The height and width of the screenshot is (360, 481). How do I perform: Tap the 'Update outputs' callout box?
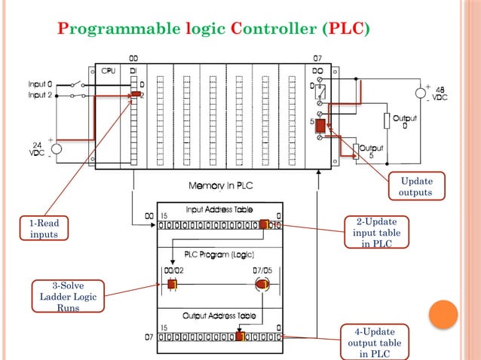417,187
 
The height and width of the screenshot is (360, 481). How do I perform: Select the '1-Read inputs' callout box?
44,228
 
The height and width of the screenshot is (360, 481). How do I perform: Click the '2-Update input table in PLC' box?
375,232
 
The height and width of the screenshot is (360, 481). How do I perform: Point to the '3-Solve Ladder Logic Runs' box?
68,297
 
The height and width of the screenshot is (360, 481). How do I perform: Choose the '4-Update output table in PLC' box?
375,341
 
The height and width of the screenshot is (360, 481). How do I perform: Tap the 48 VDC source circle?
420,93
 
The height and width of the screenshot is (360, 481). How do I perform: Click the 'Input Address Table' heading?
219,209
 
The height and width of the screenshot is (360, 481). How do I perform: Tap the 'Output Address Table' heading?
219,317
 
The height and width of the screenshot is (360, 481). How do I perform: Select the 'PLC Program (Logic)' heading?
219,254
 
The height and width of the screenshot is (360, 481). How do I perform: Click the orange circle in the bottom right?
444,314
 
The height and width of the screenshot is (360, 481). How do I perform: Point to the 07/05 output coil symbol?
262,284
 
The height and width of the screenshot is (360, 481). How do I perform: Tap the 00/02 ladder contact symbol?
171,284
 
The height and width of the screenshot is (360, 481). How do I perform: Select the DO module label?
317,71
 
